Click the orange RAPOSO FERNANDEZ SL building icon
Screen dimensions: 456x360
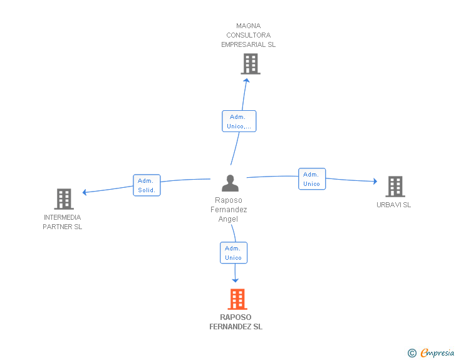[237, 299]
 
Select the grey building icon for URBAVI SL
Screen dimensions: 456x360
[395, 187]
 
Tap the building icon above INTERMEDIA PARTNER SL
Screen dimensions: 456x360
[64, 199]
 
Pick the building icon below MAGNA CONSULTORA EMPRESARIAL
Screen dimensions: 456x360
[251, 64]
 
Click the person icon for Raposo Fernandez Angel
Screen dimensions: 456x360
[230, 183]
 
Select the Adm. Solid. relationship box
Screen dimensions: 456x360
[147, 185]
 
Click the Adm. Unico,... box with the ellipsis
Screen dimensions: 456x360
[239, 121]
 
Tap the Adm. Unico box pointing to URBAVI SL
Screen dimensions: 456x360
[312, 179]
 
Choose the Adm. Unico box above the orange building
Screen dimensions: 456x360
[234, 253]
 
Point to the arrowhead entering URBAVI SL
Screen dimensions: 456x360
[375, 181]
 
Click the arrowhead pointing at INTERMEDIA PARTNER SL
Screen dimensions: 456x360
[85, 192]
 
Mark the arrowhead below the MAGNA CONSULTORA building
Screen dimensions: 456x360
[247, 80]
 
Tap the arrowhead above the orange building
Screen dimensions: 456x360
[236, 280]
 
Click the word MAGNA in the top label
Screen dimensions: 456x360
[248, 26]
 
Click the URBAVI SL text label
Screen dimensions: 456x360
[394, 205]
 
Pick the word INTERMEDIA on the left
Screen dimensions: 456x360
[62, 217]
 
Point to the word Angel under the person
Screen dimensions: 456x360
[228, 219]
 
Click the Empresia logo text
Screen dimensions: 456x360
[437, 352]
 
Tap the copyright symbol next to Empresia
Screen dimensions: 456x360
[412, 353]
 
